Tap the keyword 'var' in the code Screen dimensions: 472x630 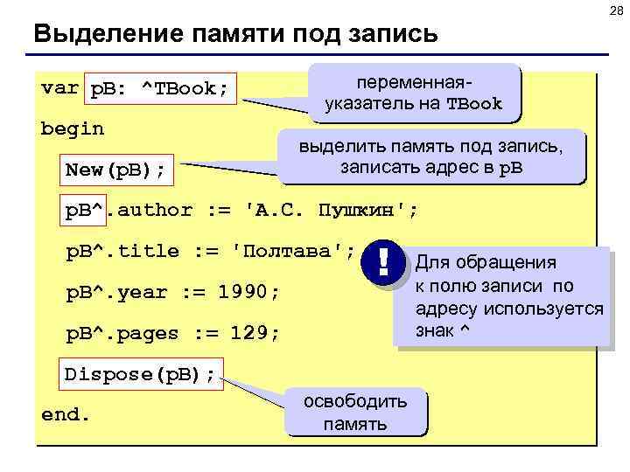coord(59,87)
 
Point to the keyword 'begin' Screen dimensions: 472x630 coord(73,128)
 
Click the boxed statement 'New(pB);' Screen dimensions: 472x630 coord(115,169)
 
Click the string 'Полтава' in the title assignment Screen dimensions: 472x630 coord(291,252)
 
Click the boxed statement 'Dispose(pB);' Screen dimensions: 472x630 coord(140,374)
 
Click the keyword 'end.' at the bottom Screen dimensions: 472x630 coord(66,413)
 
